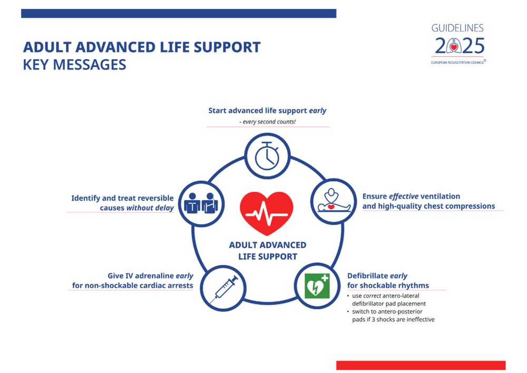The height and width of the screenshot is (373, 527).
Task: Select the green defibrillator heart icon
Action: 317,286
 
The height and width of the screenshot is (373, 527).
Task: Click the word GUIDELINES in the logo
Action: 457,28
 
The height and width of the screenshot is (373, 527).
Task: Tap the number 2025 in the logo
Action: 459,47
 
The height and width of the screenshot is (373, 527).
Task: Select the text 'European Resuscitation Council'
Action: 457,62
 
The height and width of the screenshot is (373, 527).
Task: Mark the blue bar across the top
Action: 179,13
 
